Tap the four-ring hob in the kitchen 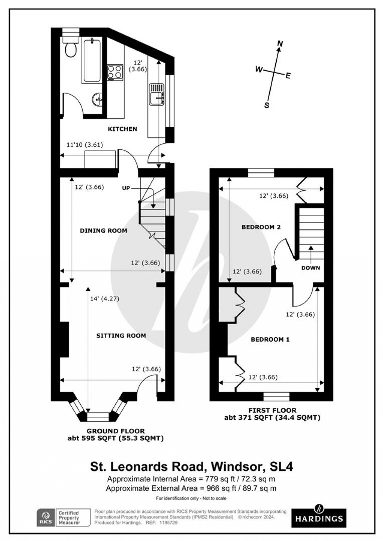(x=115, y=72)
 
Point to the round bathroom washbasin (x=98, y=100)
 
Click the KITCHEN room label (x=122, y=129)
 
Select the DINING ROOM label (x=103, y=231)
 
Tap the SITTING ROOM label (x=121, y=335)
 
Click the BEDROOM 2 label (x=261, y=227)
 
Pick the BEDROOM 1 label (x=270, y=339)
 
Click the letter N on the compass (x=279, y=44)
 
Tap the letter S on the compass (x=267, y=105)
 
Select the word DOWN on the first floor (x=311, y=268)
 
